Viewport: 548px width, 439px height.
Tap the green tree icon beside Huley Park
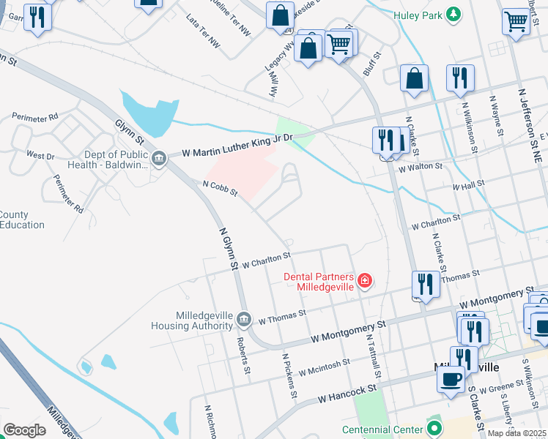click(x=454, y=15)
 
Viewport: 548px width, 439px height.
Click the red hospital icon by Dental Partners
click(x=364, y=279)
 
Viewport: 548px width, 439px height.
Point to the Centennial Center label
click(x=383, y=429)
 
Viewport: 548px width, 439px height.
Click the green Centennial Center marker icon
click(x=434, y=429)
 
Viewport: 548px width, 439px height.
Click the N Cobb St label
click(x=221, y=188)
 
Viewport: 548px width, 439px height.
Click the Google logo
click(x=25, y=430)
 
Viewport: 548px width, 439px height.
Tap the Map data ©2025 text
click(x=517, y=433)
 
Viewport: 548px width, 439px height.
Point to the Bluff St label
click(x=373, y=64)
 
